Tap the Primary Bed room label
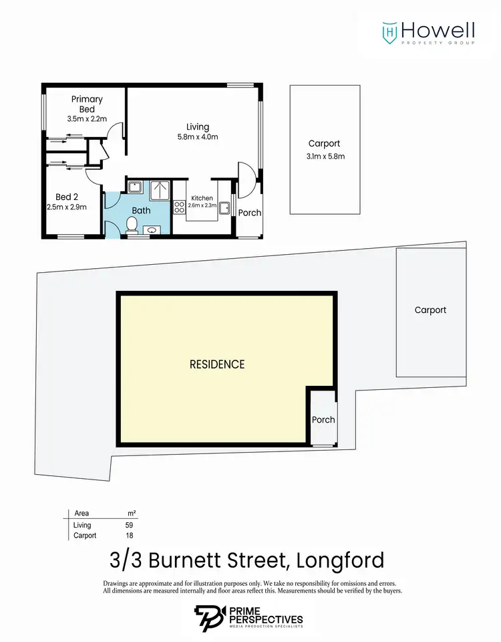tap(87, 104)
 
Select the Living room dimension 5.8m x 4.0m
tap(198, 136)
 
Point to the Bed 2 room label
tap(67, 197)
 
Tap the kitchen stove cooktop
tap(179, 207)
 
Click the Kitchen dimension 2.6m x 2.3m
tap(202, 207)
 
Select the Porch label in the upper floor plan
tap(250, 213)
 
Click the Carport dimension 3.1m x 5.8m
tap(324, 156)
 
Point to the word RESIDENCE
tap(217, 364)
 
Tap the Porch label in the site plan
tap(323, 420)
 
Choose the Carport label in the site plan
tap(430, 310)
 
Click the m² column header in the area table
tap(132, 513)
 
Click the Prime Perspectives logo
tap(250, 616)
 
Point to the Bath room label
tap(141, 210)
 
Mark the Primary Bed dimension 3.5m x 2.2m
tap(87, 118)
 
